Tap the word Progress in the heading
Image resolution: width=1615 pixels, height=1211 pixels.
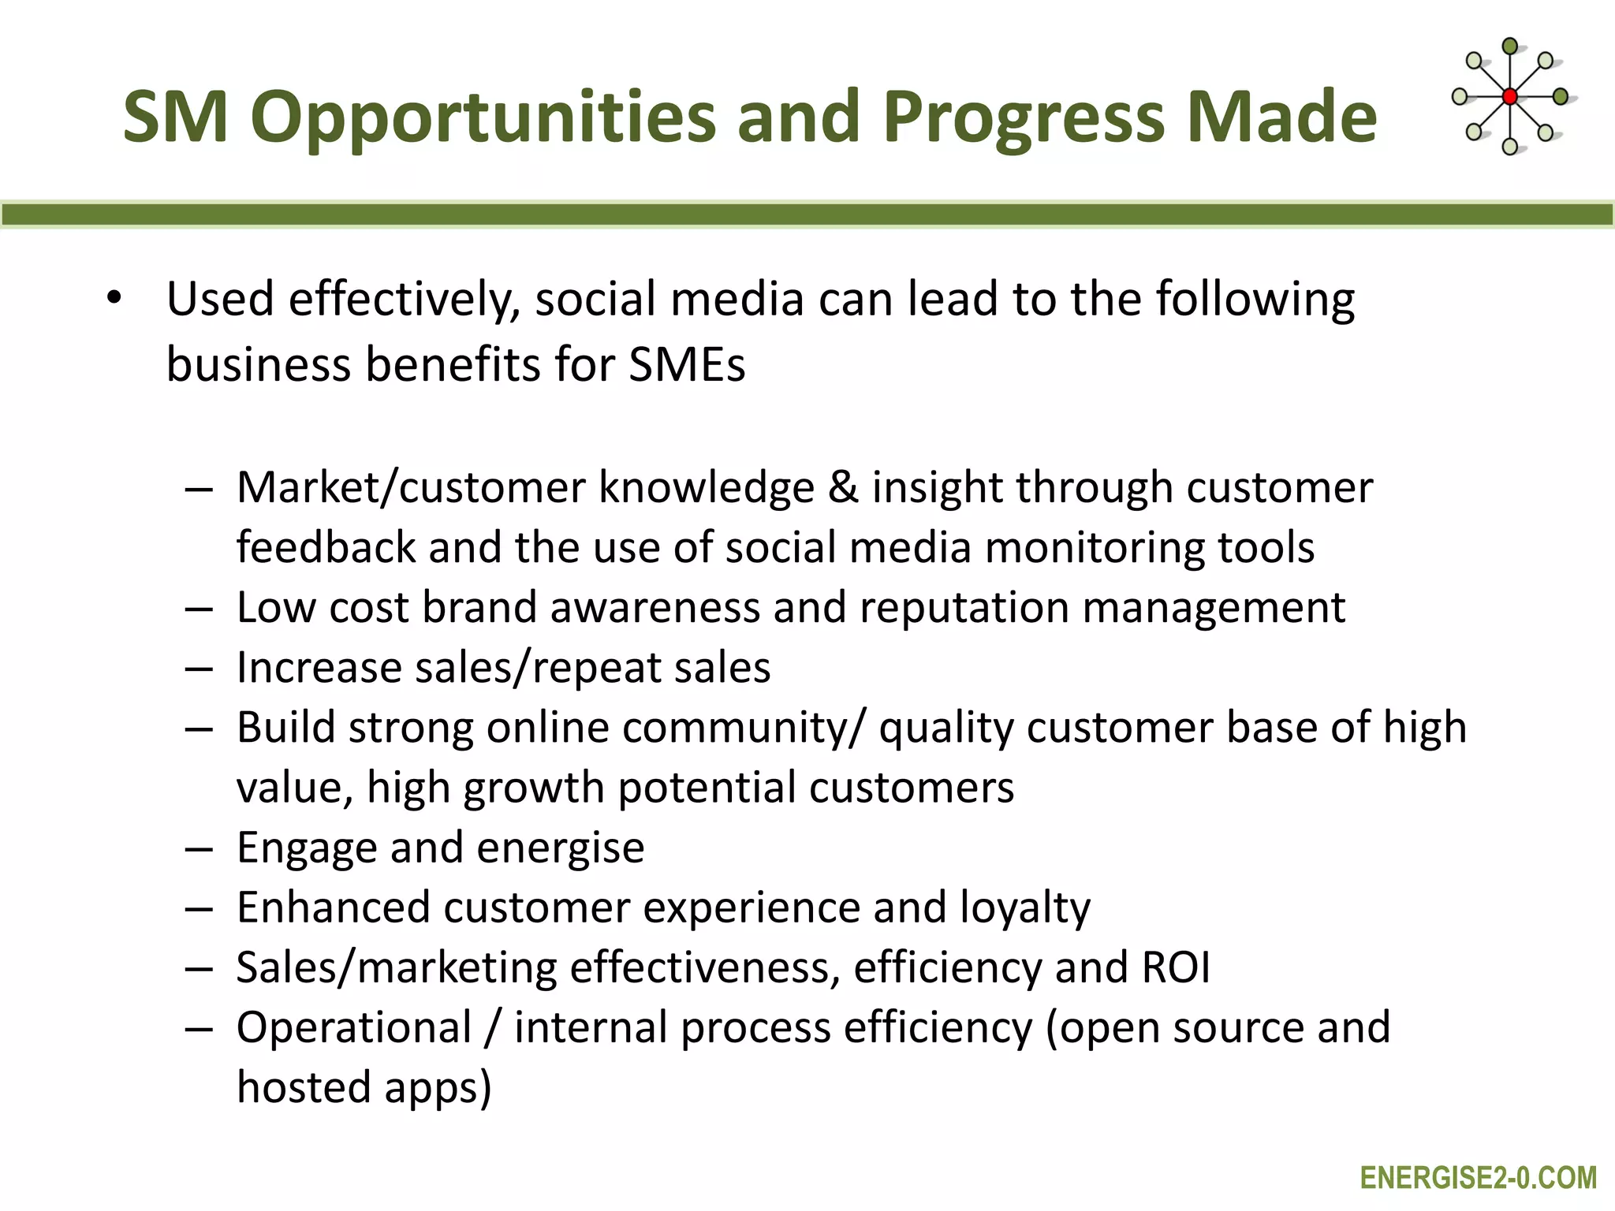[x=1024, y=118]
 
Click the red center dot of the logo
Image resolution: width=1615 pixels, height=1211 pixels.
[x=1509, y=97]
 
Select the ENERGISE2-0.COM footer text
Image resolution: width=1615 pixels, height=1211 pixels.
[x=1478, y=1178]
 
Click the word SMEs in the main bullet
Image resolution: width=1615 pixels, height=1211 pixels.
[x=686, y=365]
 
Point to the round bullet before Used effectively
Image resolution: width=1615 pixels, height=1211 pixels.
[x=115, y=299]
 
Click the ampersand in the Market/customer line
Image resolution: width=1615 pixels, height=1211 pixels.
[x=843, y=487]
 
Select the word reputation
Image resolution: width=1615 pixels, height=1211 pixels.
[x=964, y=608]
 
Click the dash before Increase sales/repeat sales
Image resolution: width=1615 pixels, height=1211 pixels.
[x=200, y=669]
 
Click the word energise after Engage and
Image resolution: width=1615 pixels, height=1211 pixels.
[x=560, y=848]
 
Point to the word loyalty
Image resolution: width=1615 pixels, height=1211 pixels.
[x=1024, y=908]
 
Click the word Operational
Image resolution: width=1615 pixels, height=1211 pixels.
[x=354, y=1028]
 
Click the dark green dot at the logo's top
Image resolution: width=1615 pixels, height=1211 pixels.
[x=1509, y=47]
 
